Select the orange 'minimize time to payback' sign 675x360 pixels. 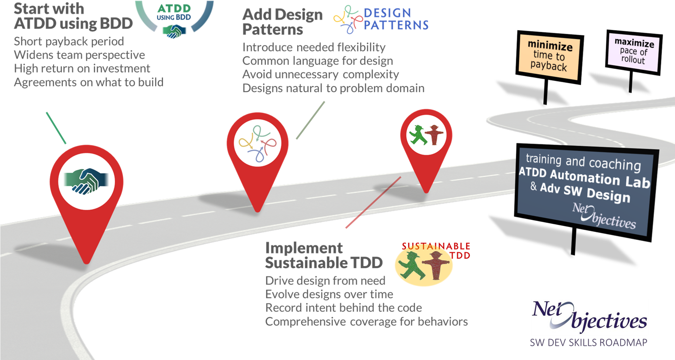tap(549, 56)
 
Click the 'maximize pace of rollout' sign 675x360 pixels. tap(634, 52)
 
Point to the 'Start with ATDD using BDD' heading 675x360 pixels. tap(73, 16)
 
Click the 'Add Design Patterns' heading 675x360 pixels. tap(282, 22)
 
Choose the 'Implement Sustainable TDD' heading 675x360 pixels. tap(323, 255)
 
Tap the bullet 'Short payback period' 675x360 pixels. tap(69, 42)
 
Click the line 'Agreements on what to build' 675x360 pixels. tap(88, 83)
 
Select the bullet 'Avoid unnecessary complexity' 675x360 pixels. tap(320, 75)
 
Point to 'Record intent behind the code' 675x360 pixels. tap(343, 308)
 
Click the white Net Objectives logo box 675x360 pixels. tap(589, 317)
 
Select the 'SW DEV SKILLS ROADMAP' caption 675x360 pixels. tap(588, 343)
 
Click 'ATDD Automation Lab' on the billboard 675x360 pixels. tap(584, 176)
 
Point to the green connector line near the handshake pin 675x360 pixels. tap(56, 128)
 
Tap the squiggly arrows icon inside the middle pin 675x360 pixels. tap(257, 143)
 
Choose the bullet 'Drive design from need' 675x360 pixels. tap(325, 281)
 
